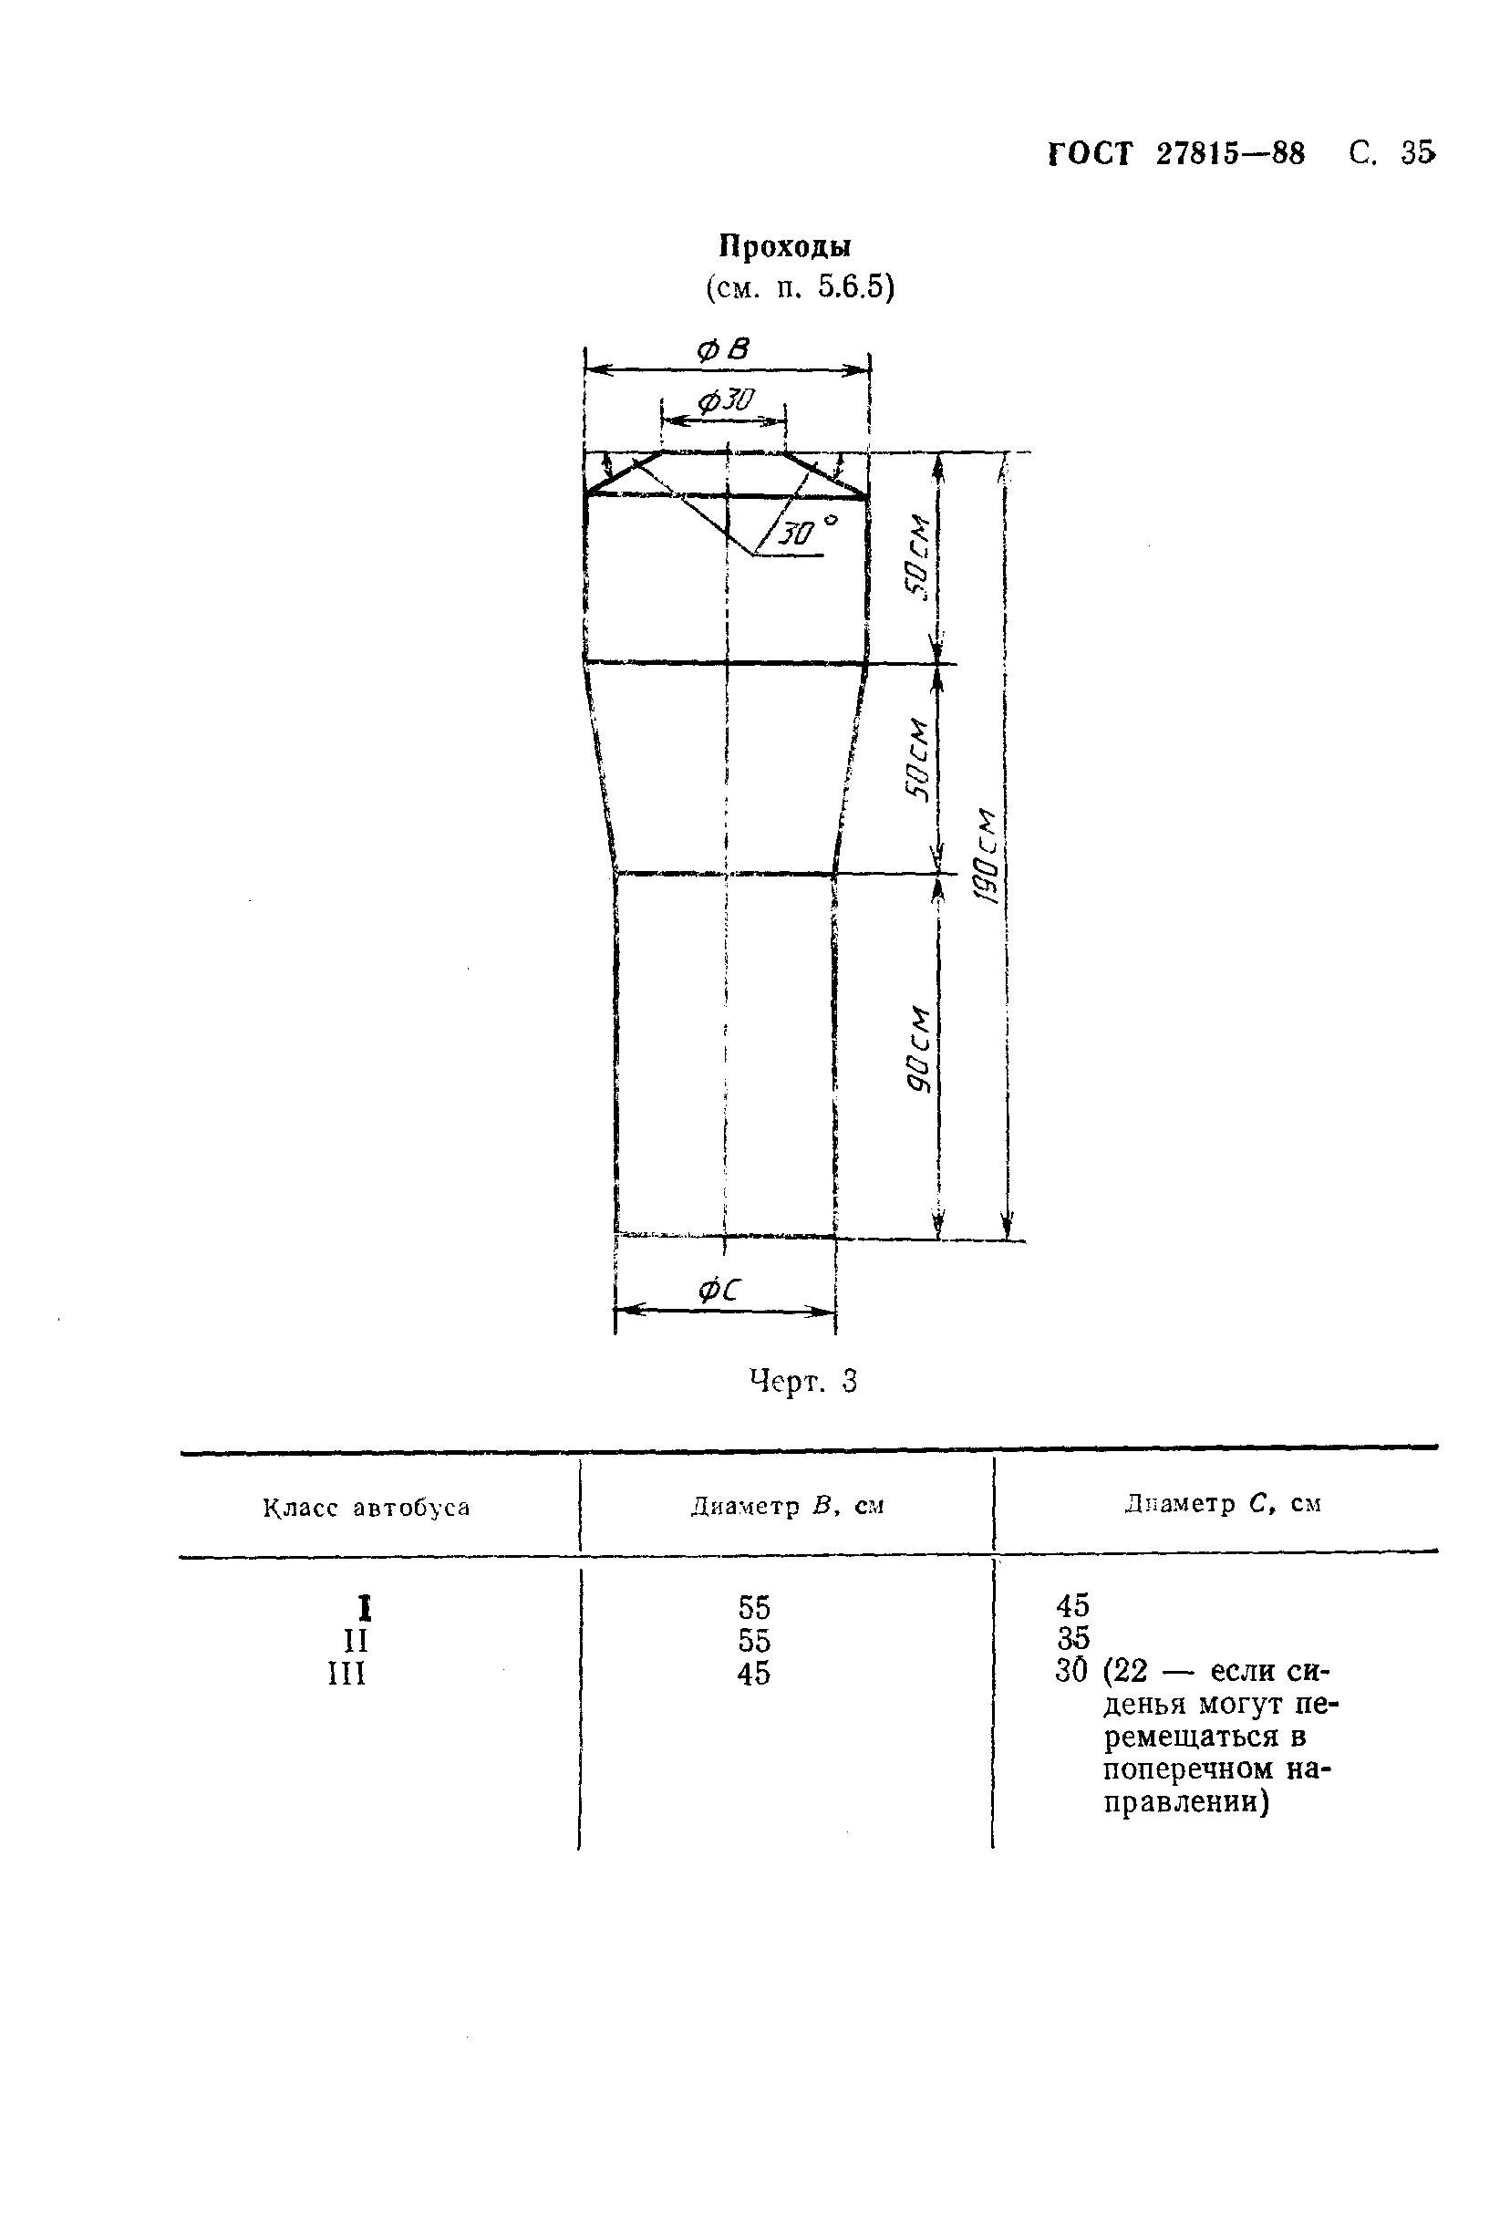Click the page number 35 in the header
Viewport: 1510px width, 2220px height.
point(1417,153)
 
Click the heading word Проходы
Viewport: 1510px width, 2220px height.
point(785,246)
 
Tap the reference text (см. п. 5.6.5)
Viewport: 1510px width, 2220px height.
point(801,286)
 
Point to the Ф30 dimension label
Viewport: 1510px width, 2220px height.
point(726,400)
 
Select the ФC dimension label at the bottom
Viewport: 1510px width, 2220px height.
point(719,1291)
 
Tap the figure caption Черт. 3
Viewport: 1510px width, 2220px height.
point(803,1380)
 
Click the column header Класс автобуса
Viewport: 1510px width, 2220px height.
point(367,1508)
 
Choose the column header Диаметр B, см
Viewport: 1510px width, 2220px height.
point(787,1507)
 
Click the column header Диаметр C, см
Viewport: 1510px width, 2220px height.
point(1223,1504)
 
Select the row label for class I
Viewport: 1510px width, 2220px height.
point(364,1609)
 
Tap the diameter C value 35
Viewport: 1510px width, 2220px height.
point(1072,1638)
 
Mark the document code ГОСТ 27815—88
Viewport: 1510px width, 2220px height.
point(1176,154)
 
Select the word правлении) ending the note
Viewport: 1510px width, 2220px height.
point(1186,1802)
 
